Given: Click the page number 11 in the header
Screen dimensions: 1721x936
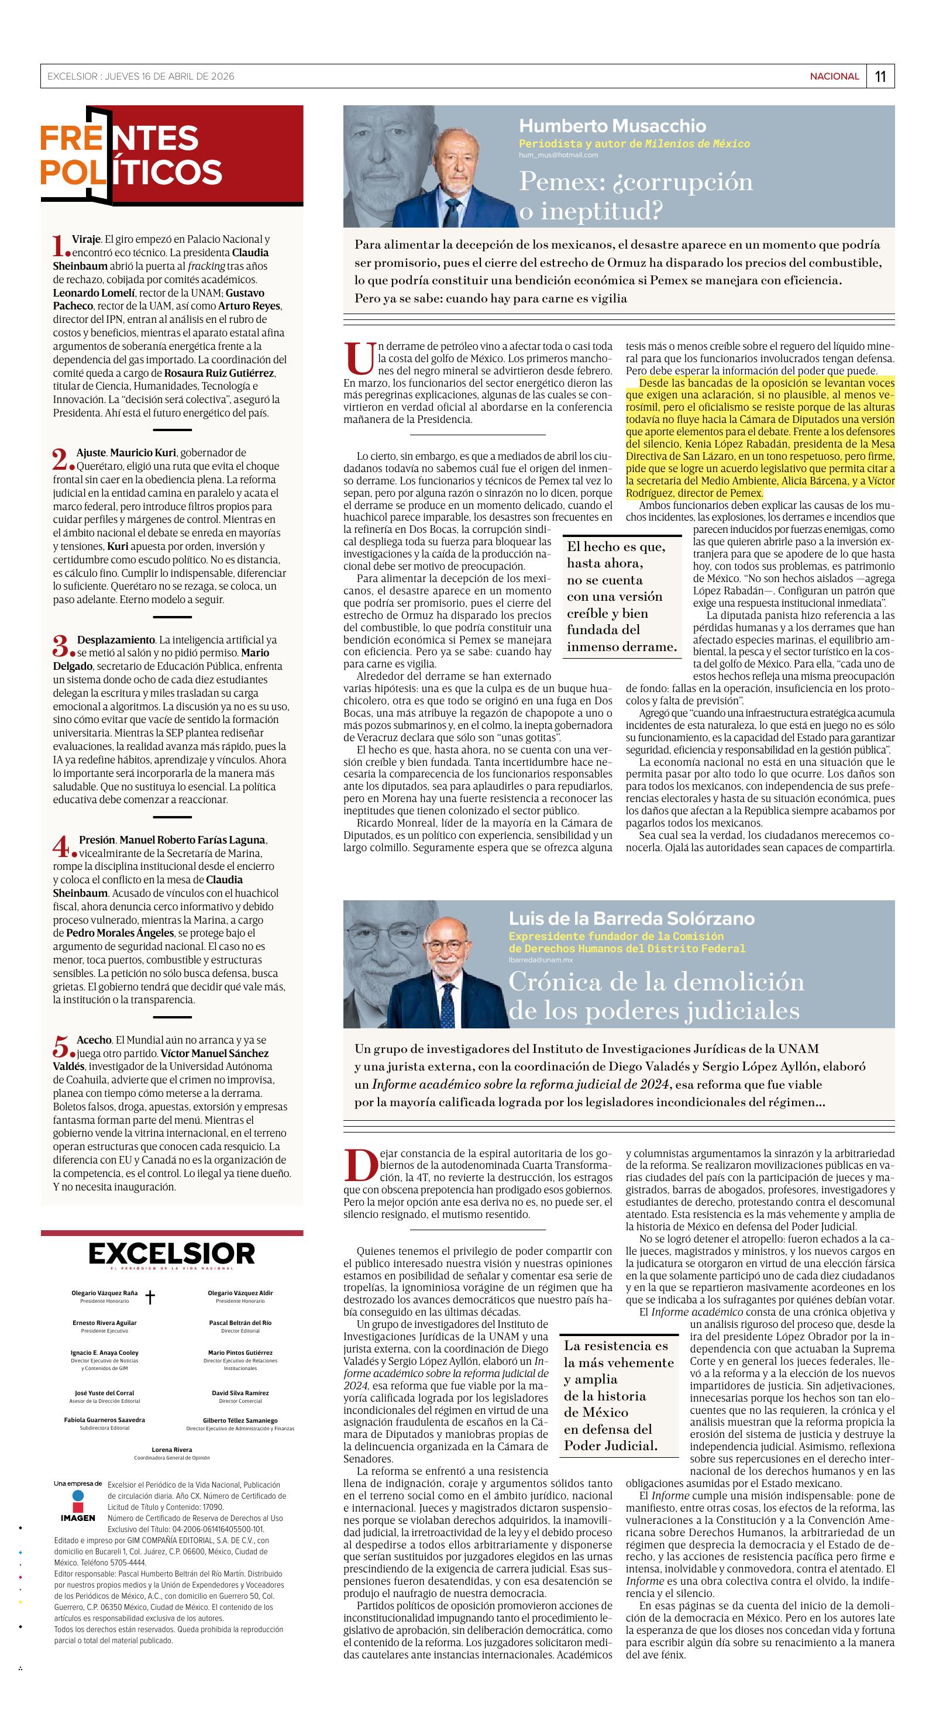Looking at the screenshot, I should tap(880, 76).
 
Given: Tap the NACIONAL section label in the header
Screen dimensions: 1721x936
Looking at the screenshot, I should tap(834, 76).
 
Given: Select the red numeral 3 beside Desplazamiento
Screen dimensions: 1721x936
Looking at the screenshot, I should tap(60, 645).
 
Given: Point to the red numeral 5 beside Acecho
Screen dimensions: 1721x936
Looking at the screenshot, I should tap(60, 1046).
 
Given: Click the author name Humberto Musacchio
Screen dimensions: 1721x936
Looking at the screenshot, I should tap(612, 126).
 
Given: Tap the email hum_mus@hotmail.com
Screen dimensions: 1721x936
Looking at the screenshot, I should tap(558, 155).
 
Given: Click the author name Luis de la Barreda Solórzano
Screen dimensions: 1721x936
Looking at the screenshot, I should tap(631, 918).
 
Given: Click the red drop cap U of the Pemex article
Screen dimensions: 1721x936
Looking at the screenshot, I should tap(359, 359).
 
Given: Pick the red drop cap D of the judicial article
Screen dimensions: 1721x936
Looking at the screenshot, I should tap(359, 1166).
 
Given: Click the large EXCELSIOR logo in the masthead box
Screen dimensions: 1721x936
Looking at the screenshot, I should tap(172, 1254).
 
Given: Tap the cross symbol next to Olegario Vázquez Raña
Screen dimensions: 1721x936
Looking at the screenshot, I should tap(150, 1297).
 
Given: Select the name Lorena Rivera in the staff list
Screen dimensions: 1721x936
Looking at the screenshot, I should tap(172, 1450).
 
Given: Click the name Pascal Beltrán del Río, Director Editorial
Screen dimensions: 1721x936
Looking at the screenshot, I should tap(240, 1323).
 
